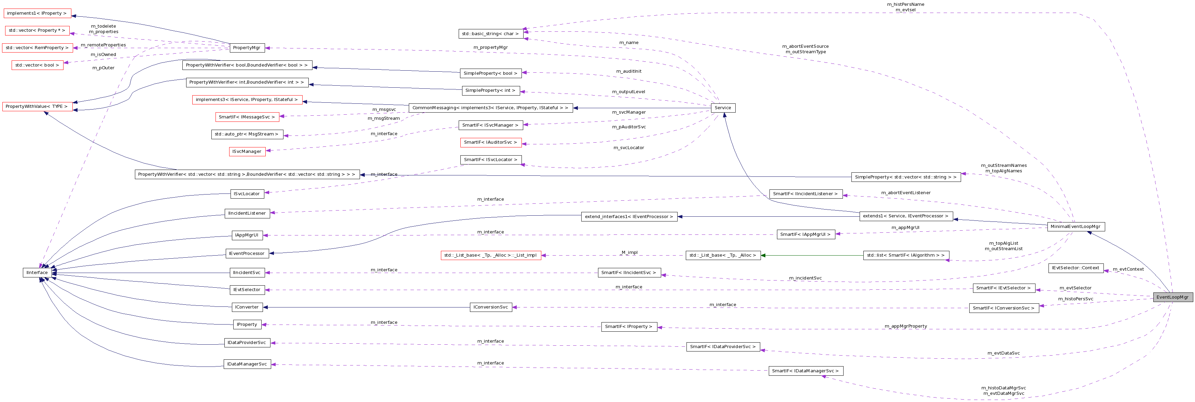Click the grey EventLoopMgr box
point(1172,297)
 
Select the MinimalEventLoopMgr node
point(1075,227)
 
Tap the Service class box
point(722,108)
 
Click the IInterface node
point(37,273)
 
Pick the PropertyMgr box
point(246,48)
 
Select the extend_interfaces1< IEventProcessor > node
point(629,217)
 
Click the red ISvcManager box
point(247,152)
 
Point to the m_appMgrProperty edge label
point(905,327)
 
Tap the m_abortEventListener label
point(905,193)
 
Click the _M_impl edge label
point(629,253)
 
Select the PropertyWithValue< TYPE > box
point(37,107)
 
